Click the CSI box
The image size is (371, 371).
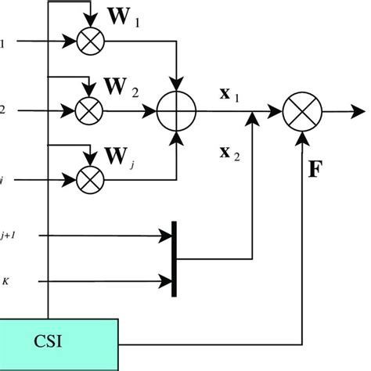59,341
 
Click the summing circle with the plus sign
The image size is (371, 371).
176,112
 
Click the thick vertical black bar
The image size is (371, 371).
173,258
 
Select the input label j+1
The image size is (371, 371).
8,234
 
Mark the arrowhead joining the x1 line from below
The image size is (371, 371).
251,117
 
